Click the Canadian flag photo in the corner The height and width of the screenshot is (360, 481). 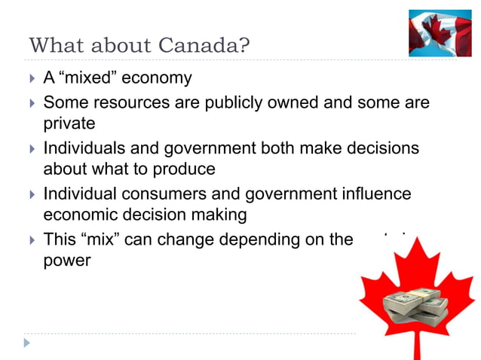pos(440,33)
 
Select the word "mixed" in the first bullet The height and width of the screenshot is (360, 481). pos(87,78)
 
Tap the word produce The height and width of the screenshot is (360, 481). pos(188,168)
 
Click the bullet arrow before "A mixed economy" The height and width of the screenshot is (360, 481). pos(30,78)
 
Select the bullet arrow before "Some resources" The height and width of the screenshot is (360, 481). pos(30,102)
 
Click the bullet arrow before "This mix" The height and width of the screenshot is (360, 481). pos(30,240)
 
